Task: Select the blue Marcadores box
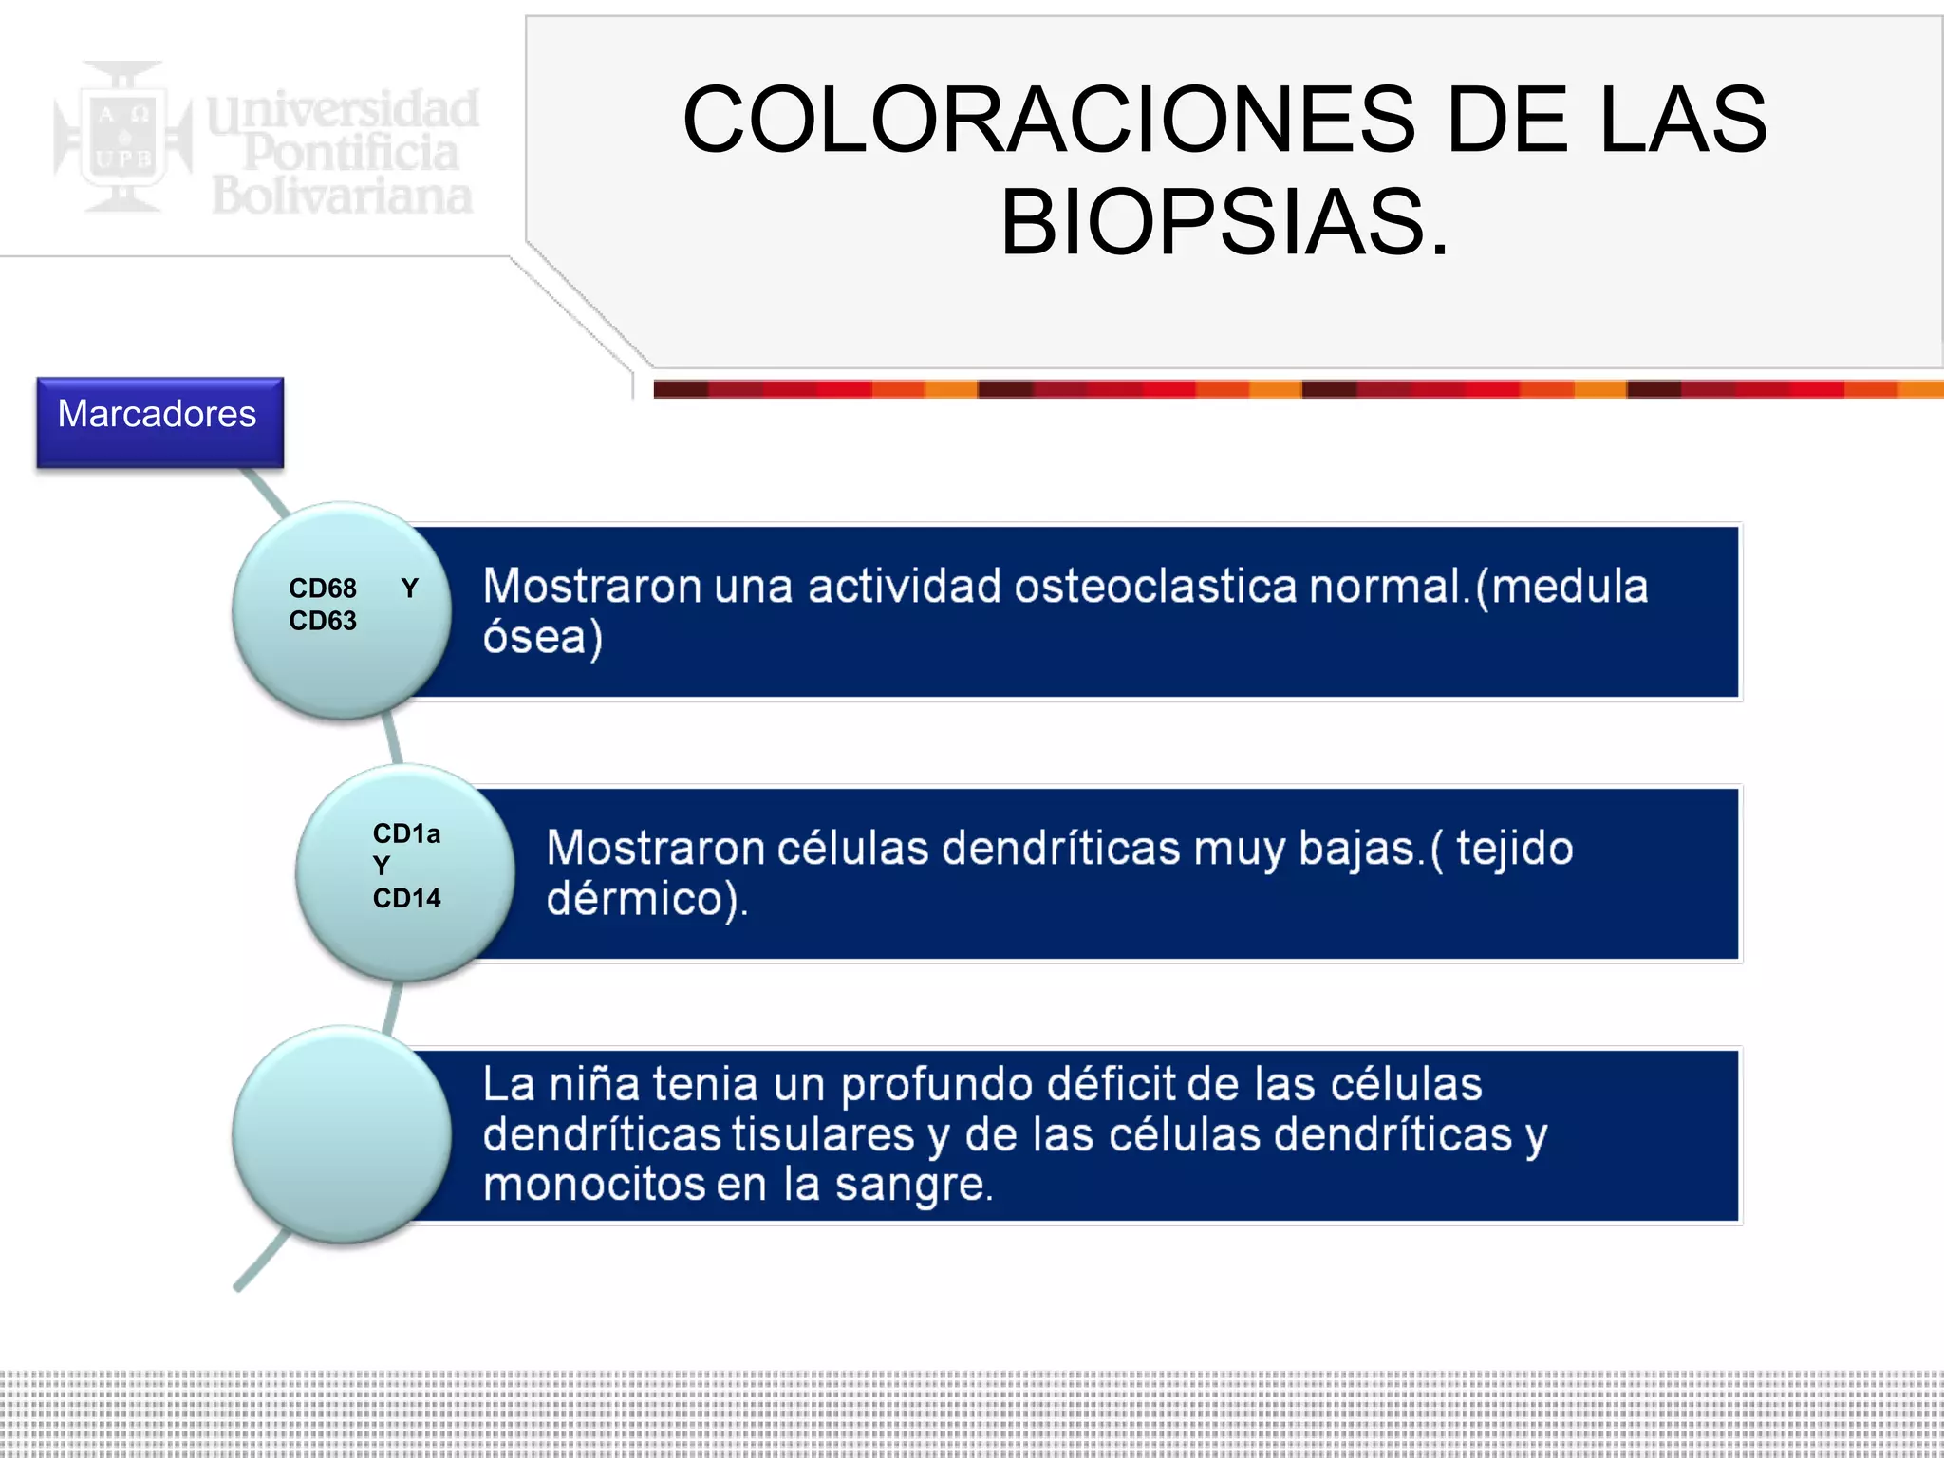point(159,421)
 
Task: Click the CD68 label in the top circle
point(323,589)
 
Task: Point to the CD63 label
point(323,621)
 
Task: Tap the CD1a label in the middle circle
point(406,833)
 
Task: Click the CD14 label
point(406,898)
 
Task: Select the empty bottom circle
point(342,1134)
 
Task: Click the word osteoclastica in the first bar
point(1154,586)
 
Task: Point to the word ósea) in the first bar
point(542,637)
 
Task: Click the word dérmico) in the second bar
point(646,899)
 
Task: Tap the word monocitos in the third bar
point(594,1185)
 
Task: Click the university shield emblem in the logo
point(121,138)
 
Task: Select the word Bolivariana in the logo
point(342,196)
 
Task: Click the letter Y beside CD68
point(410,589)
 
